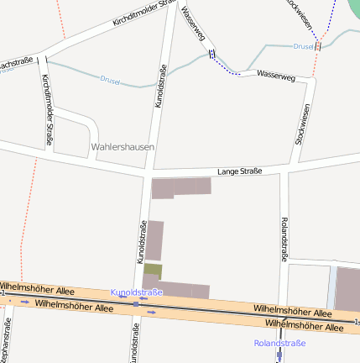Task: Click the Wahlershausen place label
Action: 123,146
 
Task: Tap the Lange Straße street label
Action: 239,171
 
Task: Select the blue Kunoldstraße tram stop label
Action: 137,292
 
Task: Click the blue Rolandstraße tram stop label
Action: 280,343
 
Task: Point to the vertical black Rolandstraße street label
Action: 284,239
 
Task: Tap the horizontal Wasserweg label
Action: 276,76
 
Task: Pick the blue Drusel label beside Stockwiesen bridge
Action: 302,46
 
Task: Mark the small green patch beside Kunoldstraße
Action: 153,271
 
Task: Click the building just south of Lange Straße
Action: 180,187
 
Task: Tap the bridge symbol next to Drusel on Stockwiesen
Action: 318,45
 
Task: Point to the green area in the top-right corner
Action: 353,8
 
